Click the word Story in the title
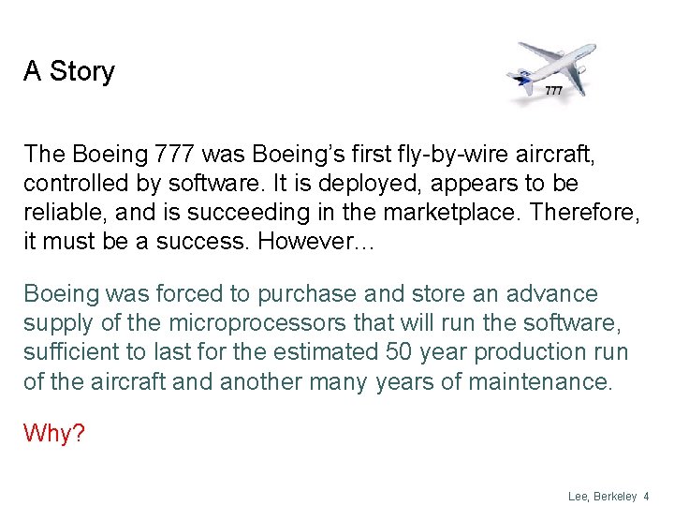(82, 72)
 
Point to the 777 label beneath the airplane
(553, 91)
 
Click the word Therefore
(584, 212)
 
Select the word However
(315, 241)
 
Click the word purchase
(308, 294)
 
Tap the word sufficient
(73, 352)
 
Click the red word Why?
(53, 433)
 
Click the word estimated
(322, 352)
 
